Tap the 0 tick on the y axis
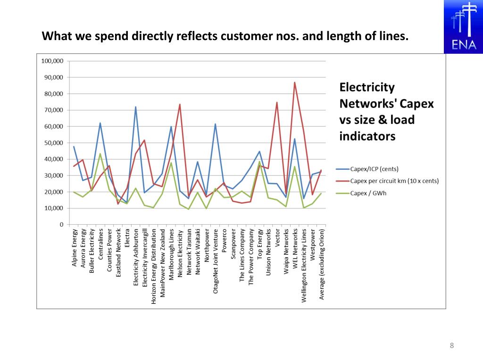click(61, 225)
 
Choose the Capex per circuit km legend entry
click(394, 181)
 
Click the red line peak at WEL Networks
click(295, 82)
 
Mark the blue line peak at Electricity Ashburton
click(135, 107)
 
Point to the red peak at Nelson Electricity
click(180, 104)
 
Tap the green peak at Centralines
click(100, 154)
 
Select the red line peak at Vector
click(277, 102)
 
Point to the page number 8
click(452, 346)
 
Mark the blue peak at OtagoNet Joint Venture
click(215, 124)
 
